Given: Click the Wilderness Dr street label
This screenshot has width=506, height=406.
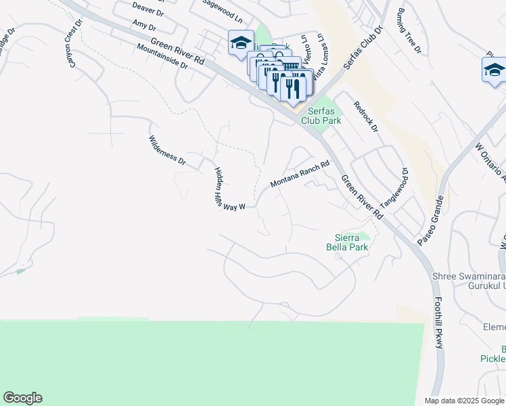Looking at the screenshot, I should pyautogui.click(x=166, y=150).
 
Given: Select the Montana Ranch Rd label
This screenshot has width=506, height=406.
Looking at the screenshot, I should pyautogui.click(x=299, y=174).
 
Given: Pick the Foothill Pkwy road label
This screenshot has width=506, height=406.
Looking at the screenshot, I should pyautogui.click(x=439, y=323).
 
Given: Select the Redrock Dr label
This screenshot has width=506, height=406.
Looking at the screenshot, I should pyautogui.click(x=365, y=116).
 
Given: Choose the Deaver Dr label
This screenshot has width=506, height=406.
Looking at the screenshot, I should pyautogui.click(x=148, y=9).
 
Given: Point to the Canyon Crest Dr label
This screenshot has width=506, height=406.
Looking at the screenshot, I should pyautogui.click(x=73, y=32).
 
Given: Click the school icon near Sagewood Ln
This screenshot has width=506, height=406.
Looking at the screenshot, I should pyautogui.click(x=240, y=44).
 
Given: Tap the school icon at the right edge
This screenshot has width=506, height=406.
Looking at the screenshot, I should pyautogui.click(x=494, y=70).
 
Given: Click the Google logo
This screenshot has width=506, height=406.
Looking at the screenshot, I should pyautogui.click(x=22, y=398).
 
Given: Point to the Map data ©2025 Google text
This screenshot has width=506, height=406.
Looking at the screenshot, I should pyautogui.click(x=464, y=401).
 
